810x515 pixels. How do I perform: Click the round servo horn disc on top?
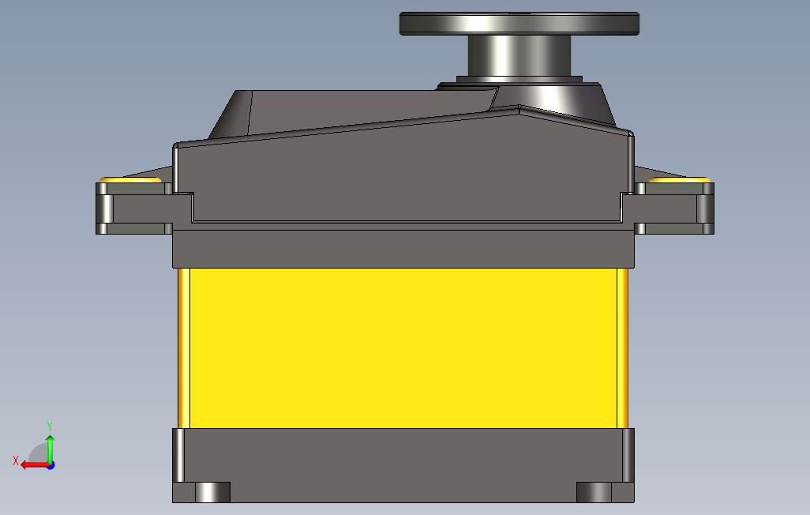pos(519,24)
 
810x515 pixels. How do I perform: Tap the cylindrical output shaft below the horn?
pos(519,56)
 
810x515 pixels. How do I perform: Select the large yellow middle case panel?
pos(403,348)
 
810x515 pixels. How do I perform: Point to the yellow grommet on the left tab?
pos(131,179)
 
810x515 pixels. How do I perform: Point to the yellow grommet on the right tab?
pos(680,179)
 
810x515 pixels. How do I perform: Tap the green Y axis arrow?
pos(50,449)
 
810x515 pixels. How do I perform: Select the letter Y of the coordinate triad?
pos(50,426)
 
